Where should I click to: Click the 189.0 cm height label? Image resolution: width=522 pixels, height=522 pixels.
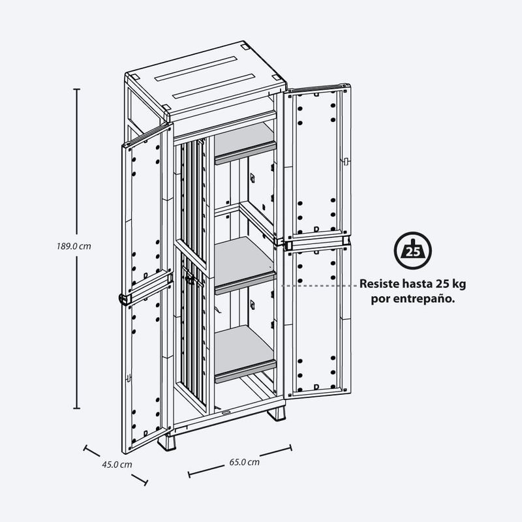pos(74,247)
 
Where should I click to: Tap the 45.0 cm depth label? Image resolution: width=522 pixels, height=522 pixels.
pos(117,465)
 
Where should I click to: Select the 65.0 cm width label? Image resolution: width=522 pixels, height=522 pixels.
pos(244,462)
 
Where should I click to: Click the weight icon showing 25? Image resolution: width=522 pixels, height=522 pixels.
pos(413,251)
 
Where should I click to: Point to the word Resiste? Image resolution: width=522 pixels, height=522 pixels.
pos(379,284)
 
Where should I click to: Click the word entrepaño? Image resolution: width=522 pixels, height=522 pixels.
pos(424,299)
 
